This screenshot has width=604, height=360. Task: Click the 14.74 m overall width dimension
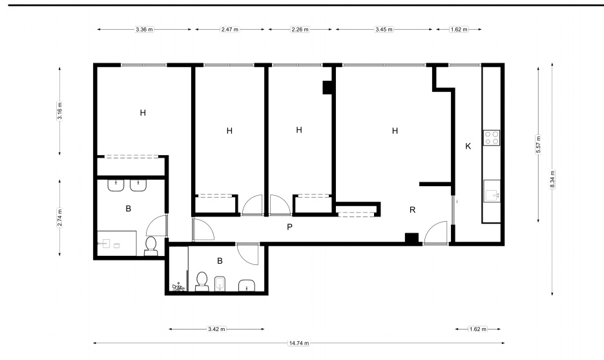tap(299, 343)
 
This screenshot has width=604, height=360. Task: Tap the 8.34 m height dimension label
tap(552, 179)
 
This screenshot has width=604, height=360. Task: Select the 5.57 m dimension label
tap(539, 145)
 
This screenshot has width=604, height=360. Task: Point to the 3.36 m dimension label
tap(144, 29)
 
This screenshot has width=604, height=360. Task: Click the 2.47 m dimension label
tap(229, 29)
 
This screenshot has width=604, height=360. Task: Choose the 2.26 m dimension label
tap(300, 29)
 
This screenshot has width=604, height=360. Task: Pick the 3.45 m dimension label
tap(384, 29)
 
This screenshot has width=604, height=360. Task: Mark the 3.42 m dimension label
tap(216, 329)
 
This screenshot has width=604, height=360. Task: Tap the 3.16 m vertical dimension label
tap(59, 111)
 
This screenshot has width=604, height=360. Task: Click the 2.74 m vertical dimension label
tap(59, 218)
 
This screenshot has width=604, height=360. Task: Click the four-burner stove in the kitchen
tap(492, 138)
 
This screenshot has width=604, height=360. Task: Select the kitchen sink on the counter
tap(492, 191)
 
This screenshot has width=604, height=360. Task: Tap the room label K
tap(468, 146)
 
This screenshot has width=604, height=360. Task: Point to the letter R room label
tap(413, 210)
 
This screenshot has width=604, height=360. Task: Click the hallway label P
tap(289, 227)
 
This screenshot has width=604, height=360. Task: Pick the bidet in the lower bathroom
tap(220, 284)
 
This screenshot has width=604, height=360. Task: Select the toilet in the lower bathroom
tap(202, 281)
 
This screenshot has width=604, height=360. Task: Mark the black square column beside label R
tap(411, 238)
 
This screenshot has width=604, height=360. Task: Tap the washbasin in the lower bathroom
tap(247, 286)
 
